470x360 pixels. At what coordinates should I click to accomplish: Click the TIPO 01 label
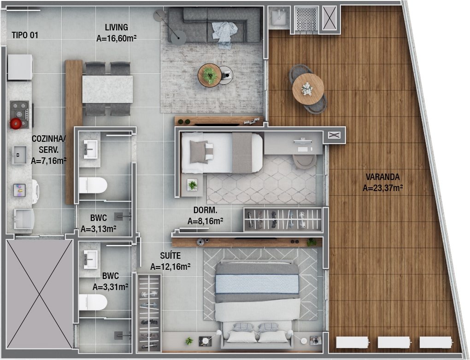[25, 35]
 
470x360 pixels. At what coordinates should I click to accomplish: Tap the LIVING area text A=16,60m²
[117, 38]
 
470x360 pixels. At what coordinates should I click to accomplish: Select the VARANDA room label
[382, 177]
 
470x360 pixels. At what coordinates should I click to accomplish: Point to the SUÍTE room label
[170, 255]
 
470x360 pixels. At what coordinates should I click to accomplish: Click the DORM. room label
[206, 210]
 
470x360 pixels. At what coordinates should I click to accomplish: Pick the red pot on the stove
[16, 123]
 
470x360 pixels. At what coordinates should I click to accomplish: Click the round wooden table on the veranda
[308, 89]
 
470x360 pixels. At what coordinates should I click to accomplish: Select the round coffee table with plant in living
[210, 75]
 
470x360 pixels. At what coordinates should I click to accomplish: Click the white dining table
[108, 89]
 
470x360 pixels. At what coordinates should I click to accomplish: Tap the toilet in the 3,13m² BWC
[93, 186]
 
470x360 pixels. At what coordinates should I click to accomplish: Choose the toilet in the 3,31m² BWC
[93, 302]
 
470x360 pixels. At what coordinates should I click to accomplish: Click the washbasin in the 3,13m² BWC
[90, 149]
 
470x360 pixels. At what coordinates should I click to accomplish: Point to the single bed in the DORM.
[222, 153]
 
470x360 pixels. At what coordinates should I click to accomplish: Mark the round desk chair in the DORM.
[304, 162]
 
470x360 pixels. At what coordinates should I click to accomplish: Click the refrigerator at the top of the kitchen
[20, 67]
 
